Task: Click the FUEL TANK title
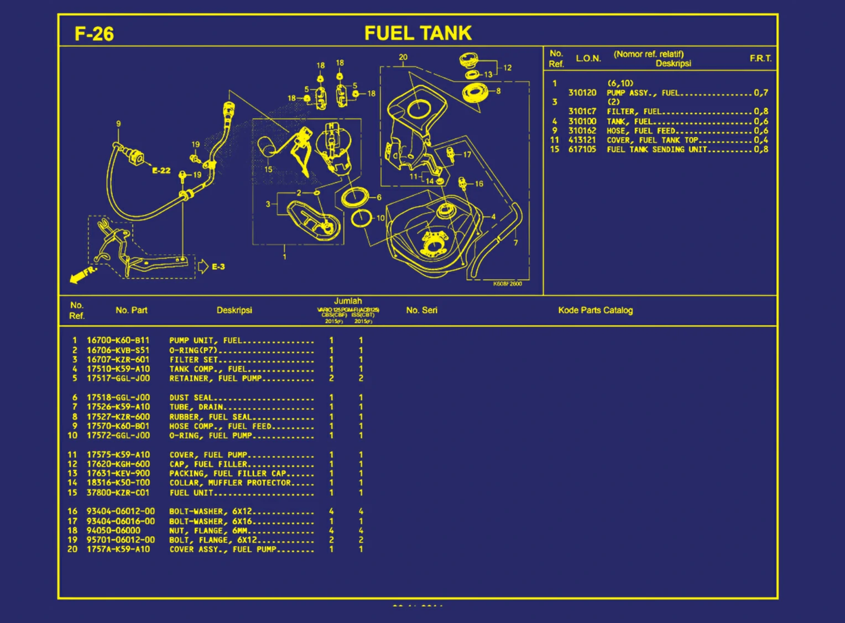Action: point(418,33)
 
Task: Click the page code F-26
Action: point(94,34)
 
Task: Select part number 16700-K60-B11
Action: point(118,341)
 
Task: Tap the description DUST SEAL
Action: point(191,397)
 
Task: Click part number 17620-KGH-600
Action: point(118,464)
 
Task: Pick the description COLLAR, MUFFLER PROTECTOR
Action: point(230,483)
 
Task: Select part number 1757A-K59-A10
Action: point(118,549)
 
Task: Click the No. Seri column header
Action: point(421,311)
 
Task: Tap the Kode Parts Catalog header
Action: point(595,311)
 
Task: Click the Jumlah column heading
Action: point(348,301)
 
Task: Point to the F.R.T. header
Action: point(760,59)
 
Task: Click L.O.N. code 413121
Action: point(582,140)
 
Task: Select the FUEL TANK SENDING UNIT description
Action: point(656,150)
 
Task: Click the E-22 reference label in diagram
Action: point(161,171)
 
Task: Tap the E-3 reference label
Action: point(218,267)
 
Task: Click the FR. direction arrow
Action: point(82,275)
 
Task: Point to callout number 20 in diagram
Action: point(403,57)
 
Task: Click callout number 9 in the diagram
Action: point(118,124)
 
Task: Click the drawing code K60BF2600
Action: point(507,284)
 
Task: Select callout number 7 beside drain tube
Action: point(515,243)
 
